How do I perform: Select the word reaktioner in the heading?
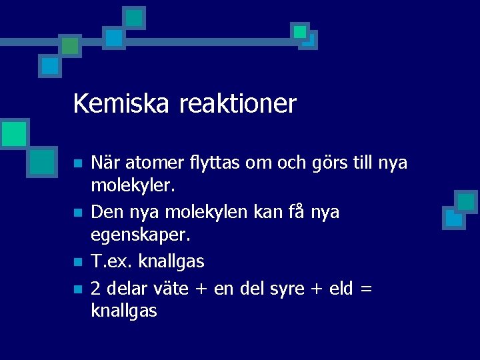point(237,104)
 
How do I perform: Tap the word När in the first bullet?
point(104,163)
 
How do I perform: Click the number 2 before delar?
point(96,289)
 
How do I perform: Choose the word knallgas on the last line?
point(123,310)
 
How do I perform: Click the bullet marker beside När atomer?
point(77,163)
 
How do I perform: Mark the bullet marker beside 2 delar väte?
point(77,289)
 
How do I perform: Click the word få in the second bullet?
point(296,213)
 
